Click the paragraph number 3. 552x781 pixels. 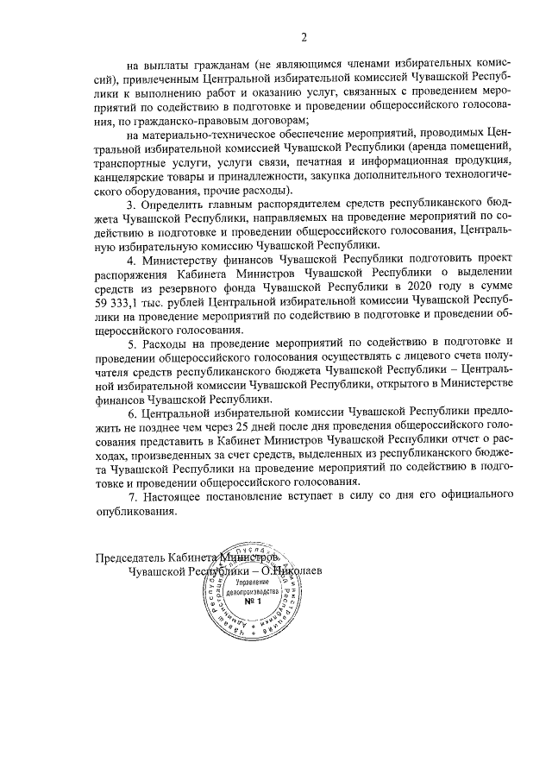131,205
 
